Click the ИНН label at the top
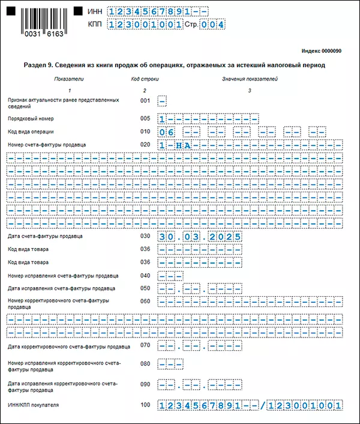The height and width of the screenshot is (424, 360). point(94,11)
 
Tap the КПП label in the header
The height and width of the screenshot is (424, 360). point(94,25)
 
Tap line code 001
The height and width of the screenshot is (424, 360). point(145,100)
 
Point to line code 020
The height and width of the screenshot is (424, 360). point(145,145)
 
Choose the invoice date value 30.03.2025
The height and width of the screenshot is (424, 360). point(200,236)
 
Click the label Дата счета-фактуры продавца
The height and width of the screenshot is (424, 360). point(46,236)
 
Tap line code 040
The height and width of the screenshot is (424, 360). point(145,276)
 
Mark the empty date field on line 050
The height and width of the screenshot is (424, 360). point(200,289)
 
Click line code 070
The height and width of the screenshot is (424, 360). point(145,345)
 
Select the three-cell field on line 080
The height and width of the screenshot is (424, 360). point(170,365)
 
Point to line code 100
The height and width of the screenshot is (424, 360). point(145,405)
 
